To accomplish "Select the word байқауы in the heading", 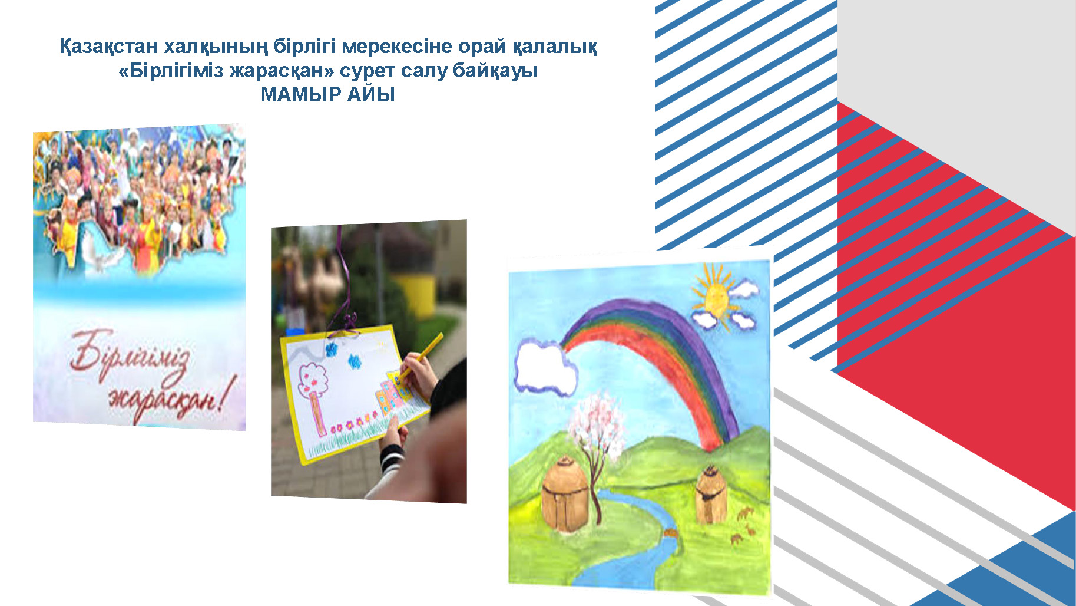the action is (x=495, y=71).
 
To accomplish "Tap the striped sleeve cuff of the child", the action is (x=392, y=457).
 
